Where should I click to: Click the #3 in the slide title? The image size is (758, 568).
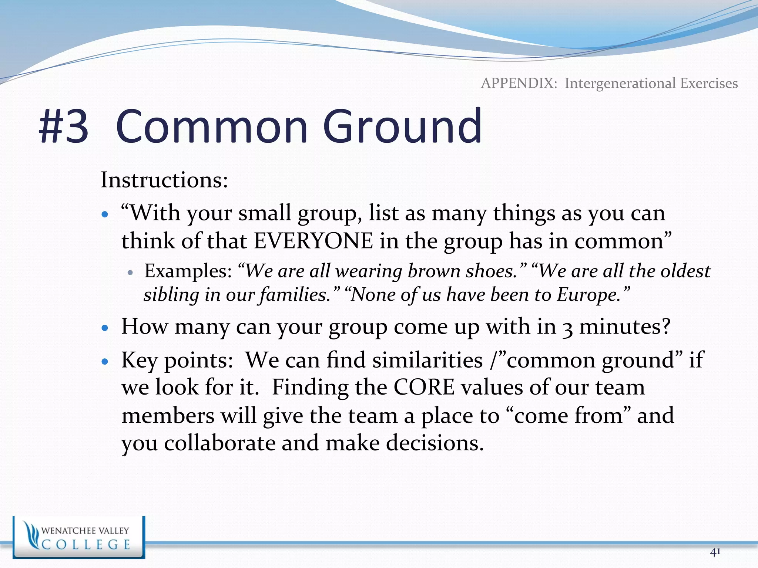pyautogui.click(x=64, y=126)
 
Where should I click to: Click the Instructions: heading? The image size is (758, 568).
pyautogui.click(x=164, y=180)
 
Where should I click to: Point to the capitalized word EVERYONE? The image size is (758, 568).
pyautogui.click(x=314, y=241)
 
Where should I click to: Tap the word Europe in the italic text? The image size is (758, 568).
pyautogui.click(x=587, y=295)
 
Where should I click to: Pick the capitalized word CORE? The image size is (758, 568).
pyautogui.click(x=424, y=388)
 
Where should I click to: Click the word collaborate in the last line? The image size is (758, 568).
pyautogui.click(x=220, y=443)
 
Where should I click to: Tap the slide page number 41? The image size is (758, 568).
pyautogui.click(x=715, y=552)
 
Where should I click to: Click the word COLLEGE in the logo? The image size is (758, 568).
pyautogui.click(x=86, y=545)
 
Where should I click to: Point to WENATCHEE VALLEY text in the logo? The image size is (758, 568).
pyautogui.click(x=85, y=531)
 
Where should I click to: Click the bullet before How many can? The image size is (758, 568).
pyautogui.click(x=105, y=328)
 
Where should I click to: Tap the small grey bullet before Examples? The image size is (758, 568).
pyautogui.click(x=130, y=273)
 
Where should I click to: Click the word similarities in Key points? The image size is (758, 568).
pyautogui.click(x=427, y=360)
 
